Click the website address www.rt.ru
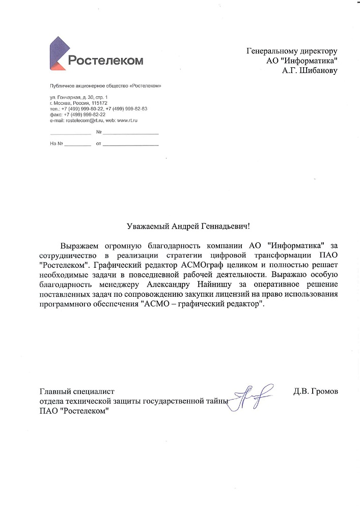(x=128, y=120)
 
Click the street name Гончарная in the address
(x=68, y=97)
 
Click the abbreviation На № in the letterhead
(x=56, y=144)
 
